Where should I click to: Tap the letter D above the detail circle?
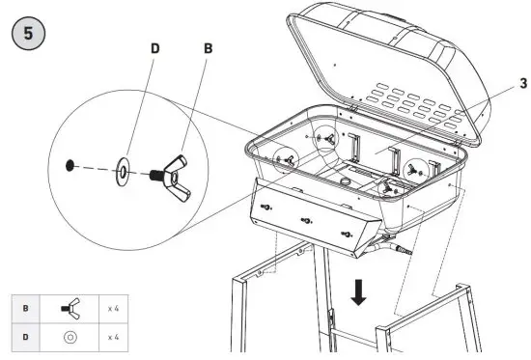pos(154,47)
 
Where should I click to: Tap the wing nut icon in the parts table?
pos(70,310)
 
